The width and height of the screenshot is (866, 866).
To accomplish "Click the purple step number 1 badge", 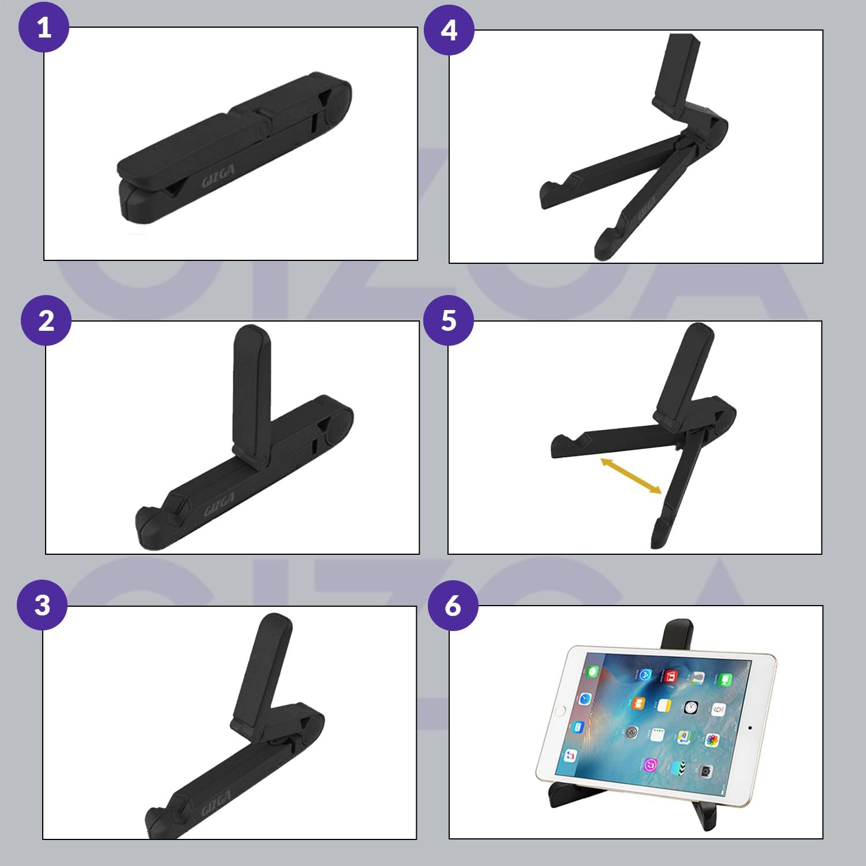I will [x=44, y=27].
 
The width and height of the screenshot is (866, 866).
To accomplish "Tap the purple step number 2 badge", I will [x=46, y=320].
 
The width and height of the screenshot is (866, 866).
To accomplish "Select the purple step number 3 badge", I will [x=42, y=604].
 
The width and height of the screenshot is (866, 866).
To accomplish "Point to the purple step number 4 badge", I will [x=449, y=30].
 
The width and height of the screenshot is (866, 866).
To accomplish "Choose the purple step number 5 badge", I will [x=449, y=320].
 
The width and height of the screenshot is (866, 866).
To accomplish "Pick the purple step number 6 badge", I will [x=453, y=605].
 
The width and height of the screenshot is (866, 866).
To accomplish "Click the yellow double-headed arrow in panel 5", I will [x=631, y=476].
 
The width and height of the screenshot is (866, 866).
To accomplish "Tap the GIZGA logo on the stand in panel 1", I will [x=218, y=176].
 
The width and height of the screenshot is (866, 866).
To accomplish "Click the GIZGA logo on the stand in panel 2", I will [x=219, y=505].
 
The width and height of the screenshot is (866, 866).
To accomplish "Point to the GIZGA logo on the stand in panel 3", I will [x=216, y=803].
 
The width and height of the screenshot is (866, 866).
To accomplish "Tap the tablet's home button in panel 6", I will [x=558, y=710].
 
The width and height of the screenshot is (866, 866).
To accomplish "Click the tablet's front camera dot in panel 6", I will [x=749, y=727].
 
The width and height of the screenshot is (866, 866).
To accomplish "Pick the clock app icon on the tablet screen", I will [x=691, y=707].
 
